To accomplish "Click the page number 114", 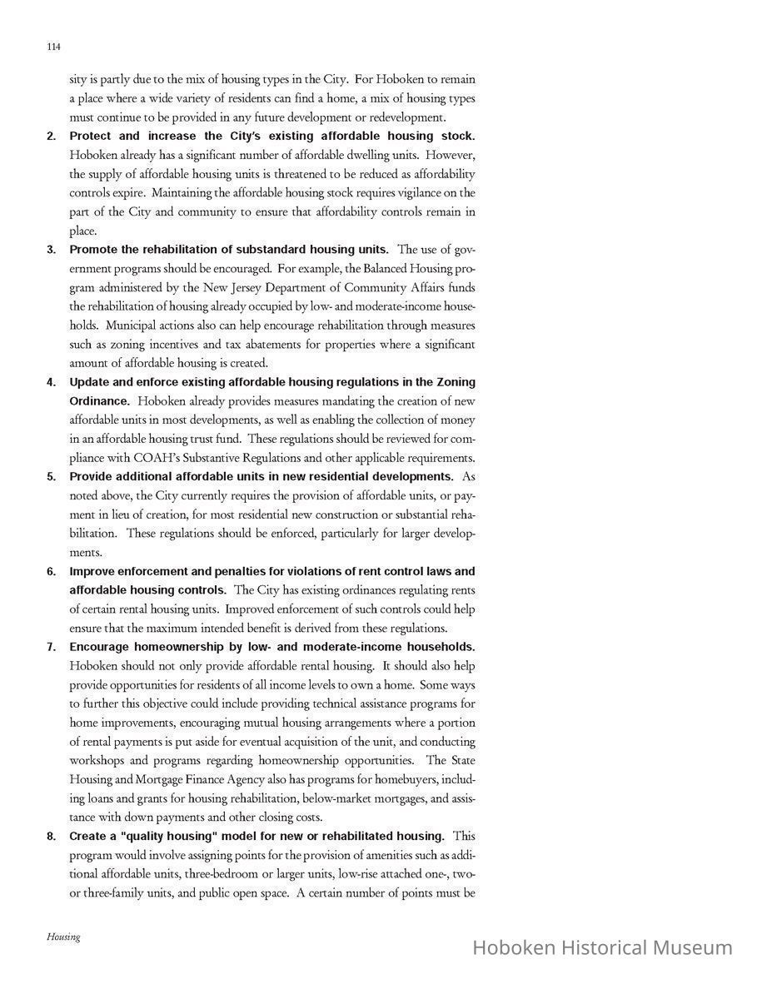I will click(54, 47).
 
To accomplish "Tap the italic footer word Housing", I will click(63, 937).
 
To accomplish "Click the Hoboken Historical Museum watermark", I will click(602, 947).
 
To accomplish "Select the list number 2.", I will click(52, 136).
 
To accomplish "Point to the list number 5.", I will click(52, 477).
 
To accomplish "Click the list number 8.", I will click(52, 837).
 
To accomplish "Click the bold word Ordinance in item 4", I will click(98, 401).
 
